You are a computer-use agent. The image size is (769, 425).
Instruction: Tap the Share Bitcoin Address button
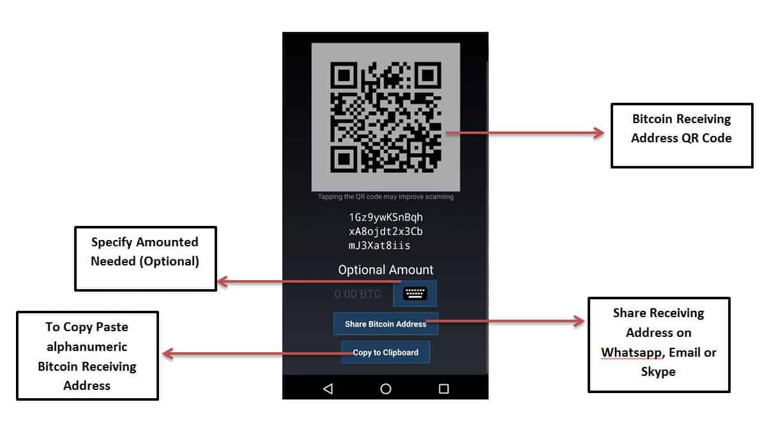click(385, 324)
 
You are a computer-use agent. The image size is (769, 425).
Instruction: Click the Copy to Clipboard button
click(385, 352)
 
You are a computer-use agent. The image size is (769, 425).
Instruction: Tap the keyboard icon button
click(415, 294)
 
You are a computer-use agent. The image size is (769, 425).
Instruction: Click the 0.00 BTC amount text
click(357, 294)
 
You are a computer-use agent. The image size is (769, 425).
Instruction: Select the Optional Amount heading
click(385, 270)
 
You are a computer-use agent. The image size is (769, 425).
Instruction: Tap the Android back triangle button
click(328, 389)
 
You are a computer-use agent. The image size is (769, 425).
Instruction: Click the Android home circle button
click(386, 389)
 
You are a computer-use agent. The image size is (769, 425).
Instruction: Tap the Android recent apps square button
click(443, 389)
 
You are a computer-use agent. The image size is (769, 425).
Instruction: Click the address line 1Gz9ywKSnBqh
click(385, 217)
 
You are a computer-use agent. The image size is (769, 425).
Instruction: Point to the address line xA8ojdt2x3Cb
click(385, 231)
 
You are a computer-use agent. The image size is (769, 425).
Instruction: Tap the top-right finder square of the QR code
click(427, 76)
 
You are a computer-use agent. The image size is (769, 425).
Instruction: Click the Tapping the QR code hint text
click(385, 197)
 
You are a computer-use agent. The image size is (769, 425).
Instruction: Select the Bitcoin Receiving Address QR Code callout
click(681, 135)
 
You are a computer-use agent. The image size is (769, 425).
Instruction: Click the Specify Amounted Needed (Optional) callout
click(146, 258)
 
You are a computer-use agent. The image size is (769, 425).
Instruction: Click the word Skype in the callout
click(658, 371)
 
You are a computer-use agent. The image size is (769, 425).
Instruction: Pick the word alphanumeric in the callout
click(87, 347)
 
